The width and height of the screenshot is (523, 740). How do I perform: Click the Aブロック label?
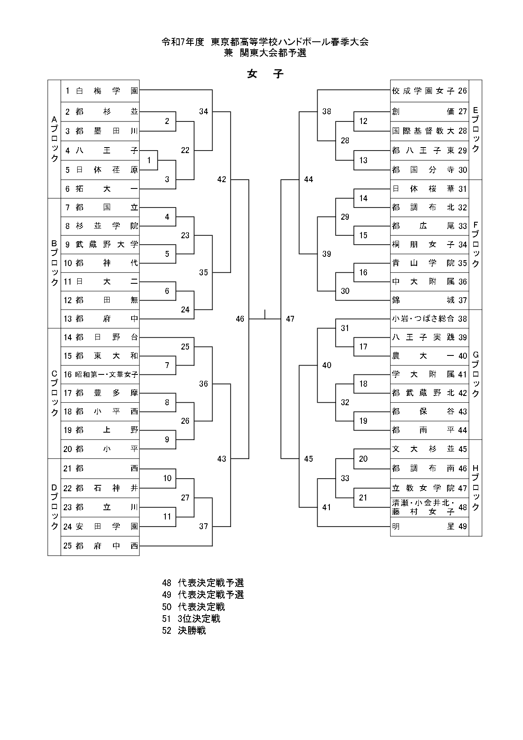tap(54, 139)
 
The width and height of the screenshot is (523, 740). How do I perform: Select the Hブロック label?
tap(475, 488)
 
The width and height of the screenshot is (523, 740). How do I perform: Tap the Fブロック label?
tap(475, 245)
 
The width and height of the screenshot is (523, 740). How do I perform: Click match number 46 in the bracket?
tap(240, 319)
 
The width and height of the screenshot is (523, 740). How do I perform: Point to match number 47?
tap(290, 319)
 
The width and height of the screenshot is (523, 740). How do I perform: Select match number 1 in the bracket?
tap(149, 160)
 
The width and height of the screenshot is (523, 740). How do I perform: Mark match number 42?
tap(222, 180)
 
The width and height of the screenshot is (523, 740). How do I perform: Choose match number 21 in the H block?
tap(363, 498)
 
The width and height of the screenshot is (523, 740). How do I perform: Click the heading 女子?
tap(265, 74)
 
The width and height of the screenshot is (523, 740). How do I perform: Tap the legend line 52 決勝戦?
tap(184, 631)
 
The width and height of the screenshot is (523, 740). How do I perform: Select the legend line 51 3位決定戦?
tap(191, 619)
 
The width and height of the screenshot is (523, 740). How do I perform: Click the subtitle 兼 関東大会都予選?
tap(265, 53)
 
